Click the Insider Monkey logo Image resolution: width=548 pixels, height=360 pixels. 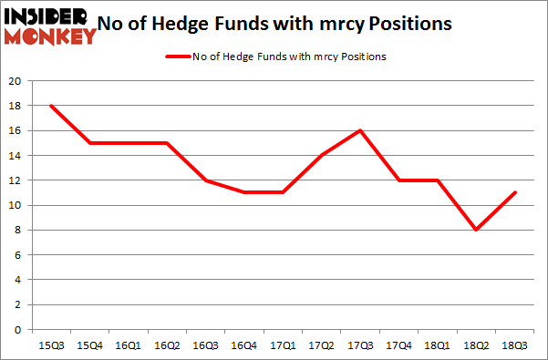[x=50, y=26]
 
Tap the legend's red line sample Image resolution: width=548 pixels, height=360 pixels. [x=175, y=57]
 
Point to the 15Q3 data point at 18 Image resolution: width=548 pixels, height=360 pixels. [x=51, y=106]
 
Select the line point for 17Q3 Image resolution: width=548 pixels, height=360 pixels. [x=360, y=130]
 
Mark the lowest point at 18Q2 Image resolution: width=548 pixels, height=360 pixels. [x=477, y=230]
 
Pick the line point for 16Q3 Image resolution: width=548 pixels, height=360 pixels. [x=205, y=180]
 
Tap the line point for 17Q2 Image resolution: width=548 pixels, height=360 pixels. [x=322, y=155]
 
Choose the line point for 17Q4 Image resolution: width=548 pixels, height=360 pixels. [x=399, y=180]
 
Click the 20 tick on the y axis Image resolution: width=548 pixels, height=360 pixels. [x=15, y=80]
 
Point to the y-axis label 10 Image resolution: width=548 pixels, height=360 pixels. [x=15, y=205]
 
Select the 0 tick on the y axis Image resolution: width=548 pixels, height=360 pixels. [x=17, y=330]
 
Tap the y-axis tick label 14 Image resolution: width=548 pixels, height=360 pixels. [x=15, y=155]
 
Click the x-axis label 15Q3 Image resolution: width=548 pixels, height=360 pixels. [x=51, y=345]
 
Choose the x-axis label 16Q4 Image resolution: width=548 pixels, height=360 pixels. [x=244, y=345]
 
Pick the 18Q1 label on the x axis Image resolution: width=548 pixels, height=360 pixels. [x=438, y=345]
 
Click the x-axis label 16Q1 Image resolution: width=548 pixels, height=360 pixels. [x=129, y=345]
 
